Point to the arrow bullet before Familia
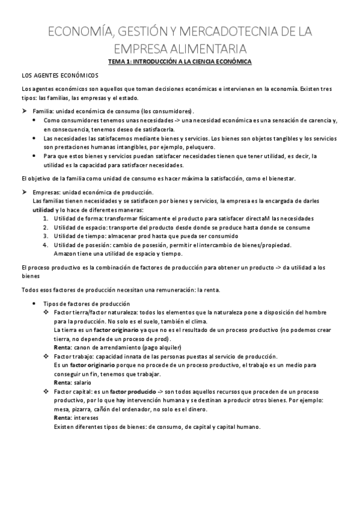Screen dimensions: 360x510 pyautogui.click(x=24, y=111)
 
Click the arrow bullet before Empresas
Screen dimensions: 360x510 pyautogui.click(x=24, y=192)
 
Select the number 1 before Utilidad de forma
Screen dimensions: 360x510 pyautogui.click(x=46, y=218)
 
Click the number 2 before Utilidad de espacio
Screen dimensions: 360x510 pyautogui.click(x=46, y=227)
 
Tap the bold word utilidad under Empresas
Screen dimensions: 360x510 pyautogui.click(x=43, y=209)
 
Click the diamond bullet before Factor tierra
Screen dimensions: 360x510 pyautogui.click(x=46, y=313)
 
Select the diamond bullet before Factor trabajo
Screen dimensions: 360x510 pyautogui.click(x=46, y=356)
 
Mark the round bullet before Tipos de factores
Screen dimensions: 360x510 pyautogui.click(x=34, y=304)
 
